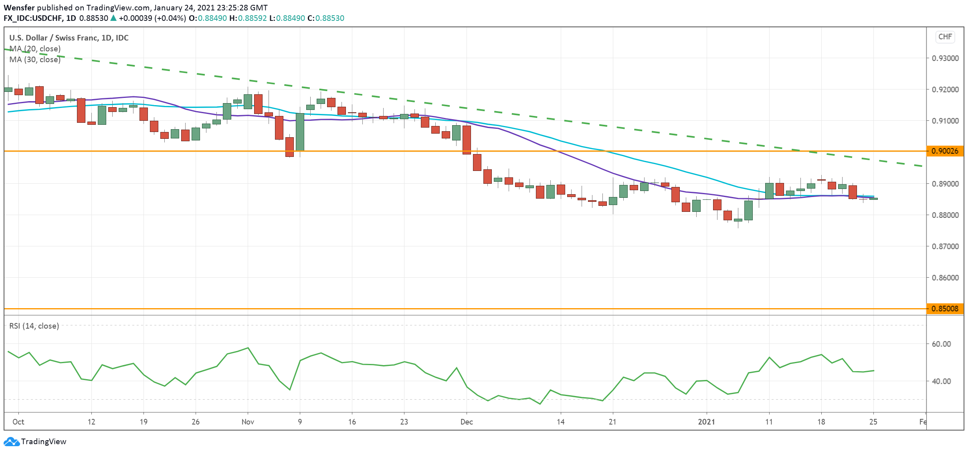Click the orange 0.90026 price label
coord(945,151)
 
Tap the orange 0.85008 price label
coord(945,309)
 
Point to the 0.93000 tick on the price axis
coord(945,58)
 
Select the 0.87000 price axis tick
coord(945,246)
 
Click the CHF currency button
coord(945,37)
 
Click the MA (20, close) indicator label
coord(35,49)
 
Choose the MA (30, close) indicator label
coord(35,59)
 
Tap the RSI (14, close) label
coord(34,326)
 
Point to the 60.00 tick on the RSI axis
coord(941,344)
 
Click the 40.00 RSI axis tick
coord(941,381)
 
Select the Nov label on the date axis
coord(248,422)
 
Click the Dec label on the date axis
coord(467,422)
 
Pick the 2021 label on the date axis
coord(706,422)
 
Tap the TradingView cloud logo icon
coord(11,442)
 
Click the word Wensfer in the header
coord(19,8)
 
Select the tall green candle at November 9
coord(300,132)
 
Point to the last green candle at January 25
coord(873,199)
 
